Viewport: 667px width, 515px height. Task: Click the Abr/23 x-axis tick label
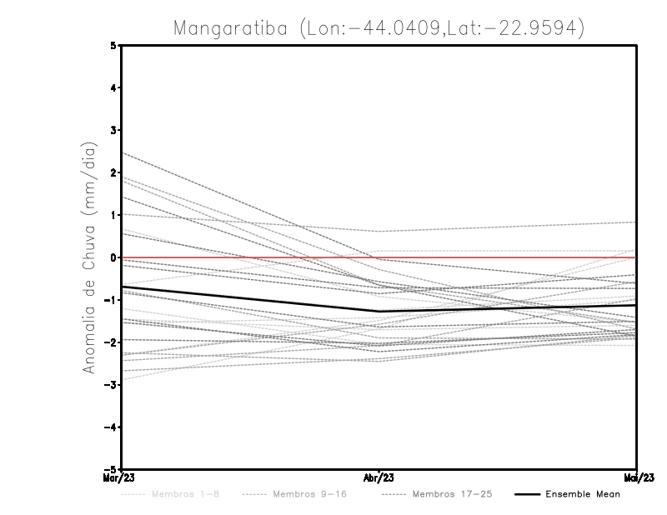[x=379, y=477]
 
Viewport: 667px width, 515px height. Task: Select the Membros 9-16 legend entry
[x=308, y=494]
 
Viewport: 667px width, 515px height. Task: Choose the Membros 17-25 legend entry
[x=452, y=494]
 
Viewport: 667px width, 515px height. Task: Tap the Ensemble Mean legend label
[x=582, y=494]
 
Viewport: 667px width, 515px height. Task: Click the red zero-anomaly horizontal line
[x=250, y=257]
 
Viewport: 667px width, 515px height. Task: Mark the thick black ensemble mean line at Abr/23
[x=379, y=311]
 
